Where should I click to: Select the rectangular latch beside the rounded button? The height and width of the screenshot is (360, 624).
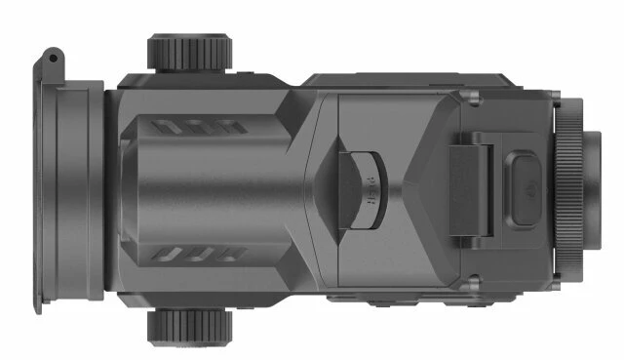click(470, 187)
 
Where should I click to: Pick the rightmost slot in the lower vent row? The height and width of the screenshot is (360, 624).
click(237, 254)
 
